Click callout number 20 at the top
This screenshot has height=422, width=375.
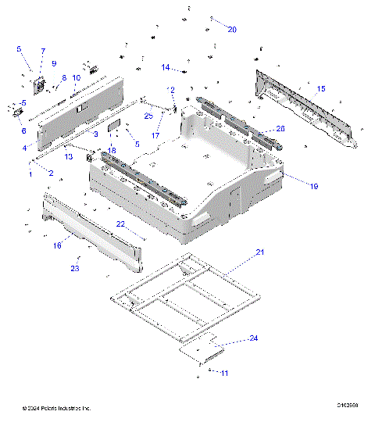(x=232, y=29)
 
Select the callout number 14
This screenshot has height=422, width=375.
(x=166, y=68)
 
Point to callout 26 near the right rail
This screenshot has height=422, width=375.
(x=280, y=128)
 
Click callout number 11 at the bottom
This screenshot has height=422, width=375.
(x=224, y=374)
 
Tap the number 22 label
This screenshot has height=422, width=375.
(x=121, y=224)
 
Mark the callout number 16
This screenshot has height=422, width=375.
(x=57, y=245)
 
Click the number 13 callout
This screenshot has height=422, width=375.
(x=69, y=156)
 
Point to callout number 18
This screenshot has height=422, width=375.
(x=112, y=150)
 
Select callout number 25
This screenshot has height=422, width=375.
(x=148, y=116)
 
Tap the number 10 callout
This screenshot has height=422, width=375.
(x=77, y=78)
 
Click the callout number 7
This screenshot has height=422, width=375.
(x=42, y=52)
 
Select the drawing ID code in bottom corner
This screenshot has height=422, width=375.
(x=348, y=406)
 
